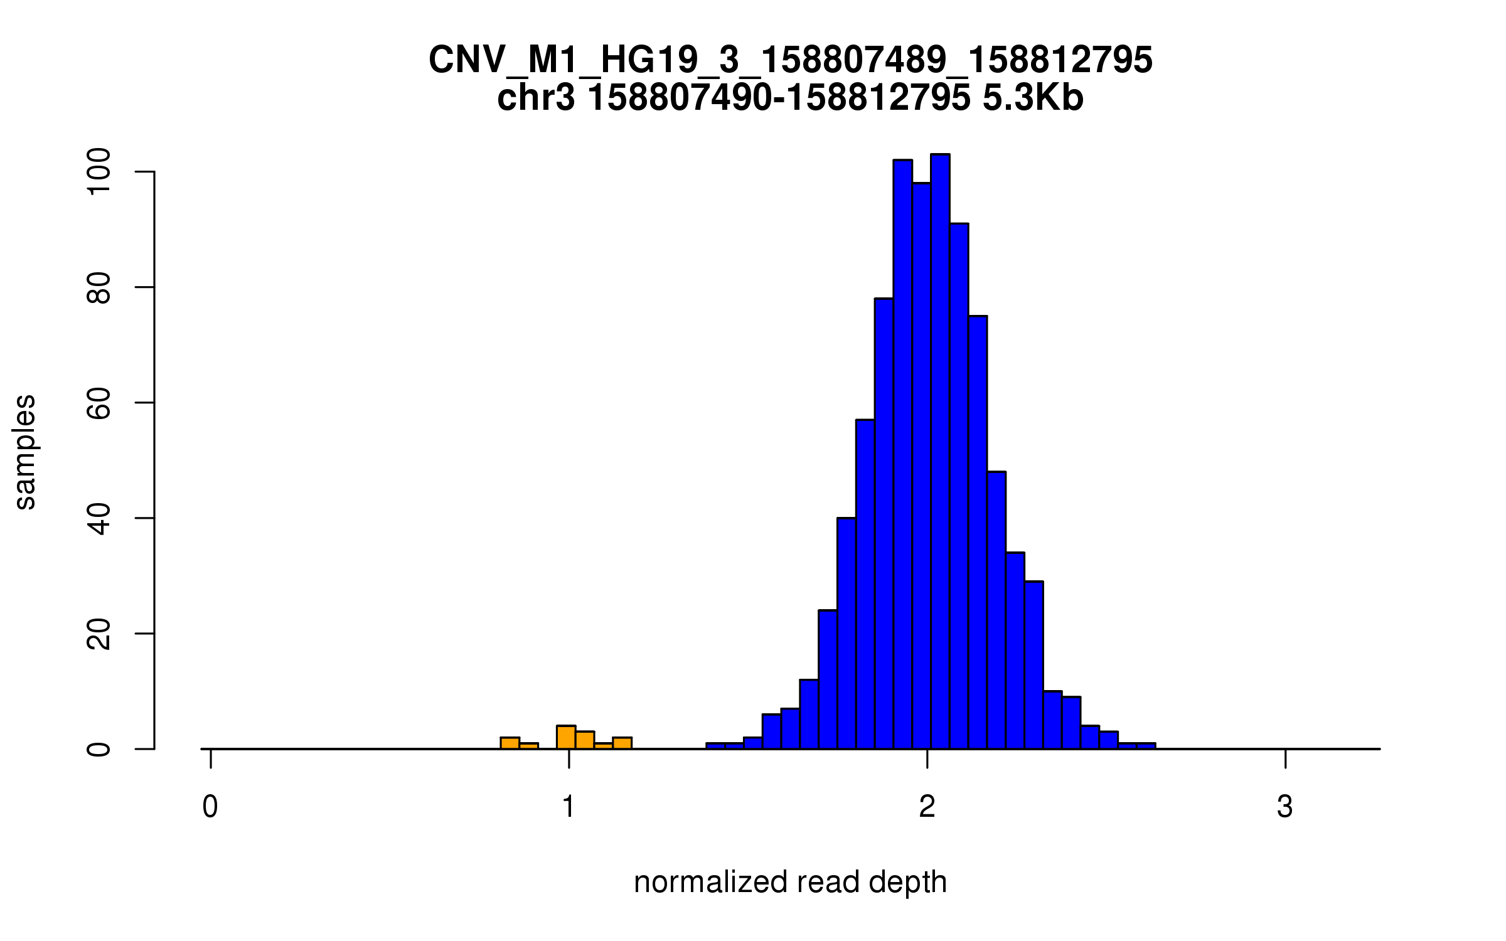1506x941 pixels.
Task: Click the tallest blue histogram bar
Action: click(940, 452)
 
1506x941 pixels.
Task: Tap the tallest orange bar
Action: click(566, 738)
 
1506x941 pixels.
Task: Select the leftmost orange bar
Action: click(510, 743)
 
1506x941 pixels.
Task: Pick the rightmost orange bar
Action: click(622, 743)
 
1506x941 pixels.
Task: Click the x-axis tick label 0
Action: click(210, 807)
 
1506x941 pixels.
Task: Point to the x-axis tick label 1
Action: click(569, 807)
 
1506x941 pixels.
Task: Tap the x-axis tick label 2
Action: click(927, 807)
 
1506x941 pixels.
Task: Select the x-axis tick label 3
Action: click(1285, 807)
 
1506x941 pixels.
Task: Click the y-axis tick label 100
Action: click(99, 171)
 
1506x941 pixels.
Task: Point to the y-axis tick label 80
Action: click(99, 287)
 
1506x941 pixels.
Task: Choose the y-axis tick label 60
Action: click(99, 403)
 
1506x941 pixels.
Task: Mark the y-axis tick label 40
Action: click(99, 518)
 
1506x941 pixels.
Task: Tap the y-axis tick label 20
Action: click(99, 634)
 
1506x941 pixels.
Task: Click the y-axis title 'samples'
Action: click(25, 452)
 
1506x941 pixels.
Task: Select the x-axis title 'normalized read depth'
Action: click(790, 882)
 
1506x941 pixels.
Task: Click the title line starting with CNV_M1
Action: click(790, 60)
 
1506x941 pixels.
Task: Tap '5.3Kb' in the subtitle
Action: click(1033, 98)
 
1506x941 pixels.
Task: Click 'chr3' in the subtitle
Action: click(535, 98)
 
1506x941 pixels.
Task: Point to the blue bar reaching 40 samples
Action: click(846, 634)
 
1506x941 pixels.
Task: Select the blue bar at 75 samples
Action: click(978, 533)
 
